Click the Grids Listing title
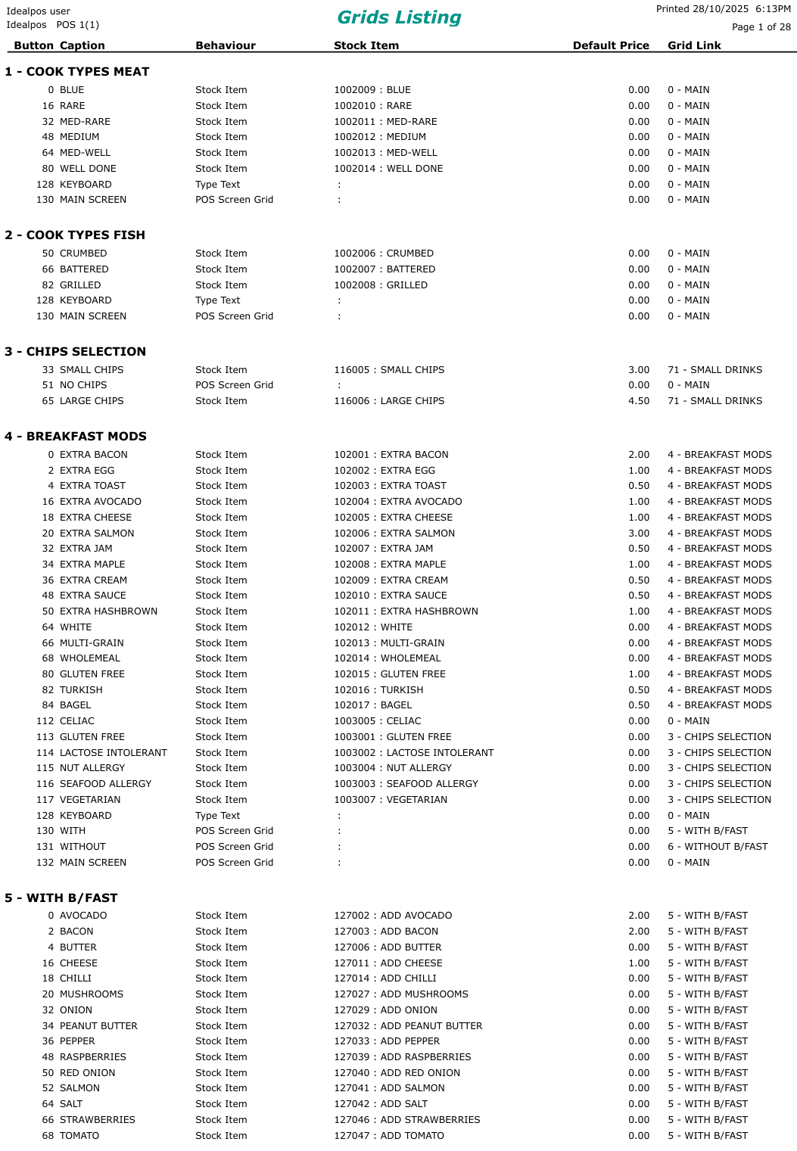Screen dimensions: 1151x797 tap(399, 17)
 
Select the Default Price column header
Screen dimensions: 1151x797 tap(611, 45)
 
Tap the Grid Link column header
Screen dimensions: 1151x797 tap(694, 45)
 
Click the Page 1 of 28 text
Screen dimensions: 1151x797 tap(761, 27)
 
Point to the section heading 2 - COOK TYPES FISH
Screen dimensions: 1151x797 tap(75, 235)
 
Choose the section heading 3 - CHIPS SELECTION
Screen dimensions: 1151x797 tap(75, 352)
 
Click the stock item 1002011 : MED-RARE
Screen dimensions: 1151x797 tap(385, 122)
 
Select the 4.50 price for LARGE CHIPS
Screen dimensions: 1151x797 tap(639, 401)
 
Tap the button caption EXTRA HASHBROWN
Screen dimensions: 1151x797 tap(108, 611)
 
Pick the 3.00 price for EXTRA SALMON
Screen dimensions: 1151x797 tap(639, 534)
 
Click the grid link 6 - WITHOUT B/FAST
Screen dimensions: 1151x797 tap(718, 847)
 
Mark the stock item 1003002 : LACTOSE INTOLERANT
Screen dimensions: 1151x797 tap(414, 753)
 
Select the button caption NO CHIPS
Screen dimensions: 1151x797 tap(83, 385)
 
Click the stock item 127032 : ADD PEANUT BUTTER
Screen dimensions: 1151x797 tap(408, 1026)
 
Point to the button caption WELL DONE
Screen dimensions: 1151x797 tap(88, 169)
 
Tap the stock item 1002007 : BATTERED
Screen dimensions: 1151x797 tap(384, 269)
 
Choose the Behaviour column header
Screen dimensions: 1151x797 tap(226, 45)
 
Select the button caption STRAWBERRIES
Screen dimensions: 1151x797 tap(98, 1120)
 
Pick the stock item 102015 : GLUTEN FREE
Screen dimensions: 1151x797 tap(390, 674)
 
